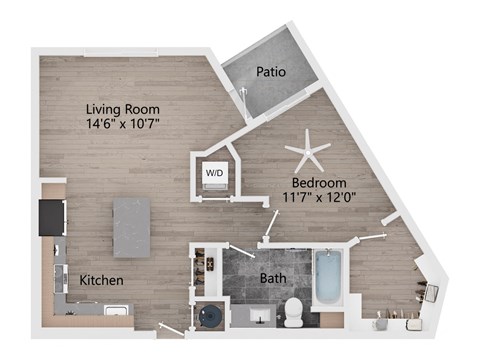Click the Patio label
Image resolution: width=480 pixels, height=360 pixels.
pyautogui.click(x=271, y=72)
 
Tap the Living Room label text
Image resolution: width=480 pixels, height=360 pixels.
pyautogui.click(x=123, y=109)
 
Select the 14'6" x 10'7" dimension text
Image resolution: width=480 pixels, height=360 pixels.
pyautogui.click(x=123, y=124)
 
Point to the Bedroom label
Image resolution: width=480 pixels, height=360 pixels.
pyautogui.click(x=319, y=183)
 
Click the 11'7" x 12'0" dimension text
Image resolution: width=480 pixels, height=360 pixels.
pyautogui.click(x=319, y=197)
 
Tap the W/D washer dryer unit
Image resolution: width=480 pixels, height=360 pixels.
pyautogui.click(x=215, y=176)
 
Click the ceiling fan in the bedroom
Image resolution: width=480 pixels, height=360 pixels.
pyautogui.click(x=307, y=151)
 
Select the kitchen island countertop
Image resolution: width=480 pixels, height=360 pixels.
pyautogui.click(x=132, y=228)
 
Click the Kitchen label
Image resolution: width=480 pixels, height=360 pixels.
pyautogui.click(x=101, y=280)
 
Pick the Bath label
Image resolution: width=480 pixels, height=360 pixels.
pyautogui.click(x=273, y=278)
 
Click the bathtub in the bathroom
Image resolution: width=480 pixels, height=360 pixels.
pyautogui.click(x=328, y=277)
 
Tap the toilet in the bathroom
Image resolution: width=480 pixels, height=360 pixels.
pyautogui.click(x=294, y=312)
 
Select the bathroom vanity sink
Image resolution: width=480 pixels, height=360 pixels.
pyautogui.click(x=261, y=315)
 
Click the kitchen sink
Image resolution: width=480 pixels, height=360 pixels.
pyautogui.click(x=116, y=310)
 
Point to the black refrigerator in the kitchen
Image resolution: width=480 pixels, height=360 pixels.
pyautogui.click(x=52, y=218)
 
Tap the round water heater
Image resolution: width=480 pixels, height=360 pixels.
pyautogui.click(x=210, y=315)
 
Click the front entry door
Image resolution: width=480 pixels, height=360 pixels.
pyautogui.click(x=172, y=329)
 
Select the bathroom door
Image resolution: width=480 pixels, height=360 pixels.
pyautogui.click(x=241, y=251)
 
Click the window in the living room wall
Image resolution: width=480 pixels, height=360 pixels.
pyautogui.click(x=120, y=52)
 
